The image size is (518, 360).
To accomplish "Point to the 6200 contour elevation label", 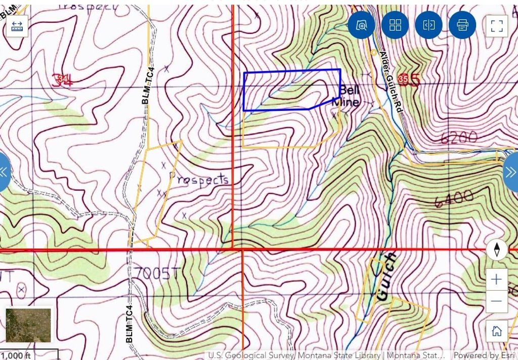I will coord(459,137).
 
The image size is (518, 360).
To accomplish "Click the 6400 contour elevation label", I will coord(453,198).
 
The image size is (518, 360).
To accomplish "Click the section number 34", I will coord(64,79).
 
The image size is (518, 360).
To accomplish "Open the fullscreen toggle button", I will coord(496,25).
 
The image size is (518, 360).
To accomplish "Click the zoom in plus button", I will coord(496,279).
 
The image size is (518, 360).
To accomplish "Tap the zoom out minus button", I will coord(496,301).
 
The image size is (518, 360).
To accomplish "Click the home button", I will coord(496,331).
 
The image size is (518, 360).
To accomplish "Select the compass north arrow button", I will coord(497,250).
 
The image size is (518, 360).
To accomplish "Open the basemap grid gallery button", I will coord(395,25).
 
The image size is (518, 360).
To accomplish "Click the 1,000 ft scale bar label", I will coord(15,355).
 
